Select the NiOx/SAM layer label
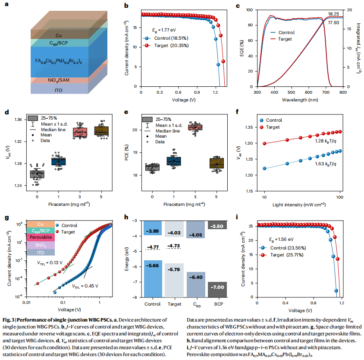tap(58, 80)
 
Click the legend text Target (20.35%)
tap(173, 45)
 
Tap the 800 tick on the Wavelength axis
tap(342, 92)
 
